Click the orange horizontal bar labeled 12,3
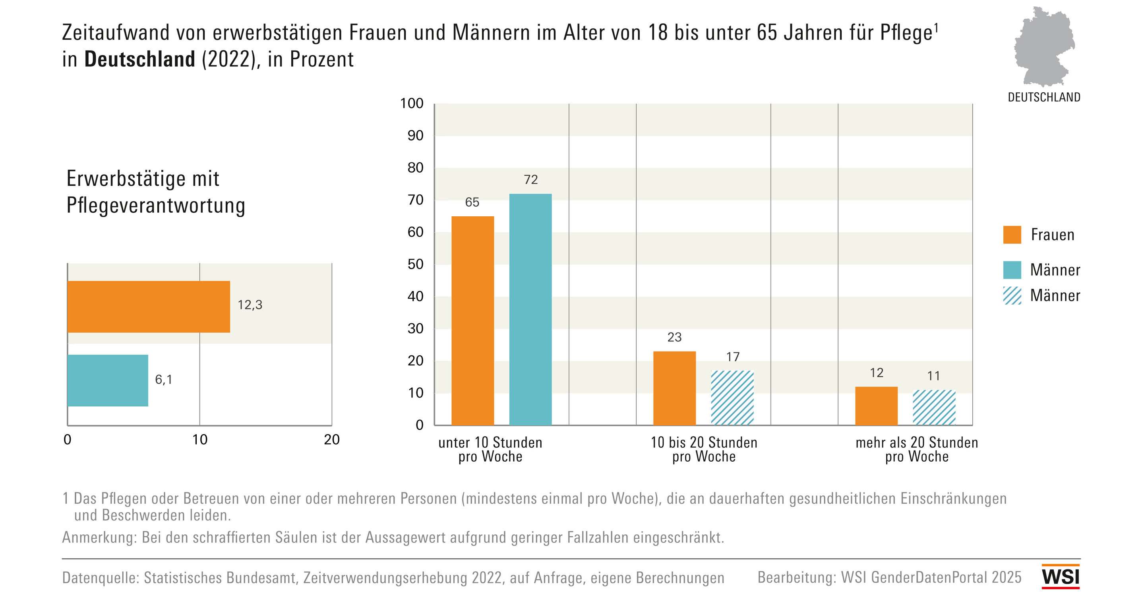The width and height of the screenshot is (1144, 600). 149,307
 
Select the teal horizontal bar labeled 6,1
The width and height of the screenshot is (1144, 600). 108,381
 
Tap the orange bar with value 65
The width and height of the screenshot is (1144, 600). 472,320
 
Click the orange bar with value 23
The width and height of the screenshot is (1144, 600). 674,388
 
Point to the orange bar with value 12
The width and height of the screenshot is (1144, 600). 876,406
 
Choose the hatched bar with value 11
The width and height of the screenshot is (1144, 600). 934,408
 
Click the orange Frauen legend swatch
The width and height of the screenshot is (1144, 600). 1012,235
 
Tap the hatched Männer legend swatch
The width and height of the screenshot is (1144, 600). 1012,295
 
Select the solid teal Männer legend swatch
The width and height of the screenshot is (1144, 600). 1012,270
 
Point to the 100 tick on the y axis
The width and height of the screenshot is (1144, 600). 412,103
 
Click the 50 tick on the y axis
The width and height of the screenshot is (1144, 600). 415,264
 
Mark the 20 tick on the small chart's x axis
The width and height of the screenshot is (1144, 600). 332,439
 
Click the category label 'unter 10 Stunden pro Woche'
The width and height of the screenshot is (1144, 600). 490,449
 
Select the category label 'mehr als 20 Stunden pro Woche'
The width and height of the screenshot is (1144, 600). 917,449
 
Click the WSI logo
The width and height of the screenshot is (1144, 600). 1061,577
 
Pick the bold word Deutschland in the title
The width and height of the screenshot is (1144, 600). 139,59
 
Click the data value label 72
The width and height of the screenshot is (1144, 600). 531,180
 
